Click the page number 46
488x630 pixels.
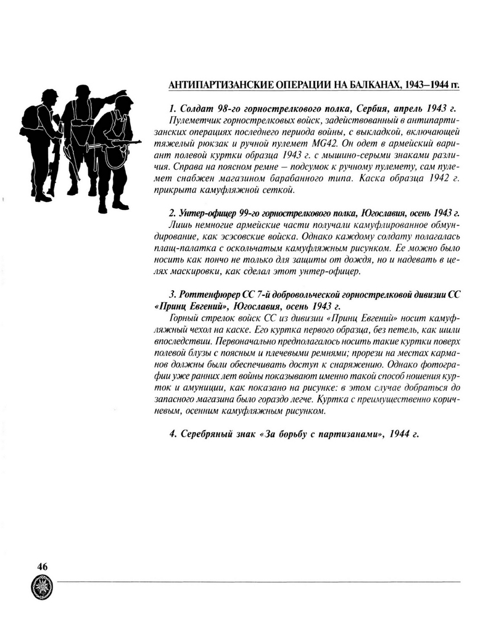point(43,566)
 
